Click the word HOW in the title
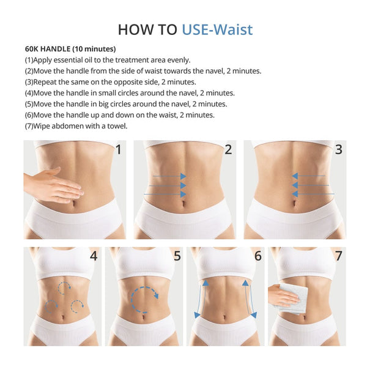click(133, 30)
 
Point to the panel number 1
click(119, 150)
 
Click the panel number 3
click(339, 150)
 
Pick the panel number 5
click(177, 256)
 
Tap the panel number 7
click(339, 256)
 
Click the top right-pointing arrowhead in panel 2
click(183, 176)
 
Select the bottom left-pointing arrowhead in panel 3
click(295, 194)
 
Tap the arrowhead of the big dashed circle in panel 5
click(156, 296)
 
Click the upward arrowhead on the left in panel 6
click(206, 283)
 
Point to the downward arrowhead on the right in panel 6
click(254, 315)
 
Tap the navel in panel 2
click(183, 203)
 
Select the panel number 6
click(258, 256)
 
